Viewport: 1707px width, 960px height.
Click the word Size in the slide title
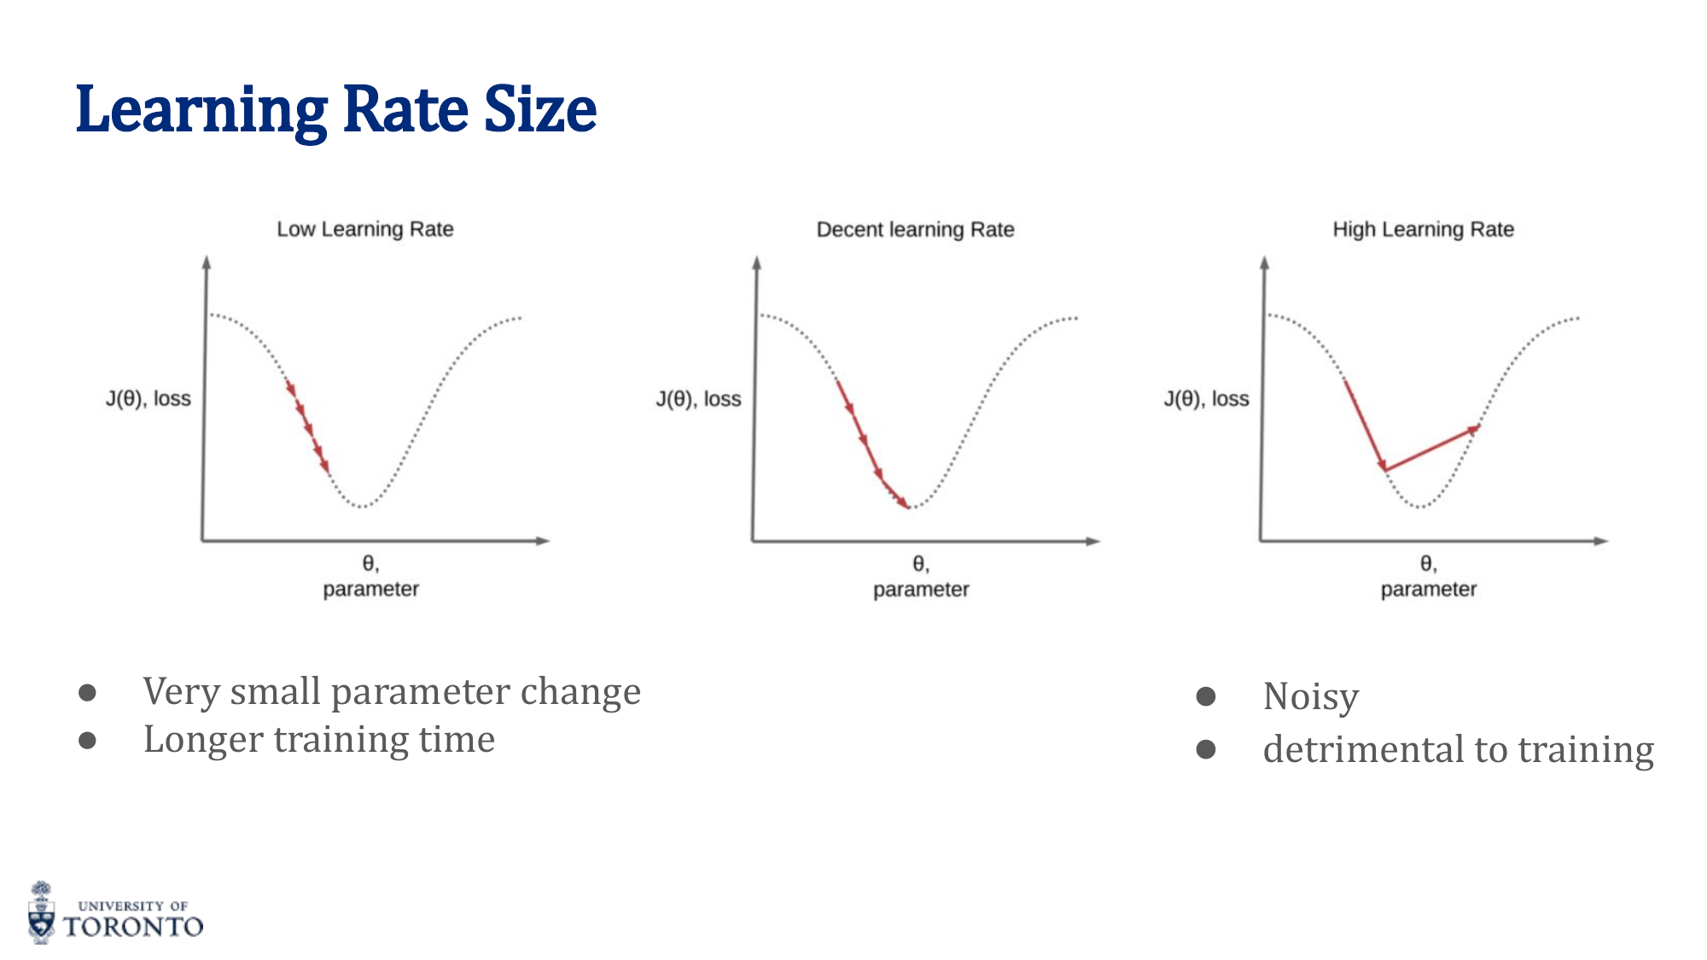click(x=539, y=111)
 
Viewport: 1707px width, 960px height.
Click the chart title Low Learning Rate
click(x=365, y=230)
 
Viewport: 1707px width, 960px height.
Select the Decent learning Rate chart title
click(x=915, y=230)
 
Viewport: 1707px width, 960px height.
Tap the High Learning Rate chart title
click(x=1423, y=230)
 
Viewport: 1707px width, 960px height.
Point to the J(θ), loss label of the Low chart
click(x=149, y=399)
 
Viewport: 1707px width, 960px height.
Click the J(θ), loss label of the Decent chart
click(x=698, y=399)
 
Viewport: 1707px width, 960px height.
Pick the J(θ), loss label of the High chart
click(x=1206, y=399)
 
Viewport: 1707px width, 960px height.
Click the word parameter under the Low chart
click(x=370, y=589)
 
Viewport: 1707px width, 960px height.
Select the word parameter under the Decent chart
click(x=921, y=589)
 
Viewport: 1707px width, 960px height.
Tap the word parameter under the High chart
click(x=1428, y=589)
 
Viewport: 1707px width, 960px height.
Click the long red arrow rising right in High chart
click(x=1432, y=448)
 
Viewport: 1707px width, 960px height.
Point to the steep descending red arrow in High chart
click(x=1365, y=424)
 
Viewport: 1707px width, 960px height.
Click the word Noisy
click(x=1310, y=697)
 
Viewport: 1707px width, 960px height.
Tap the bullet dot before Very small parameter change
click(x=87, y=692)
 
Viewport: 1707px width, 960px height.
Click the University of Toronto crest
click(x=41, y=913)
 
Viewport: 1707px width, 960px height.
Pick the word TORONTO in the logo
click(x=134, y=927)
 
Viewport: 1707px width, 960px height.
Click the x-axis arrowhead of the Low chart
click(x=543, y=540)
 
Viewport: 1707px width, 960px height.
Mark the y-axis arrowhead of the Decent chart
click(x=756, y=262)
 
